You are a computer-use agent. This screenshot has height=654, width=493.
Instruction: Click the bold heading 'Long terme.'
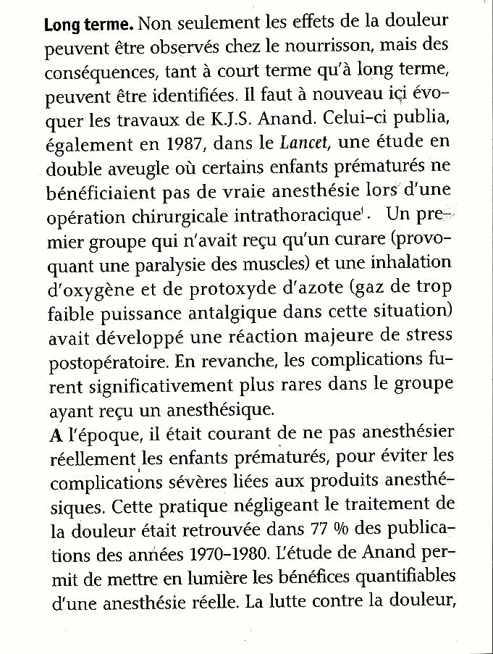(88, 25)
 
